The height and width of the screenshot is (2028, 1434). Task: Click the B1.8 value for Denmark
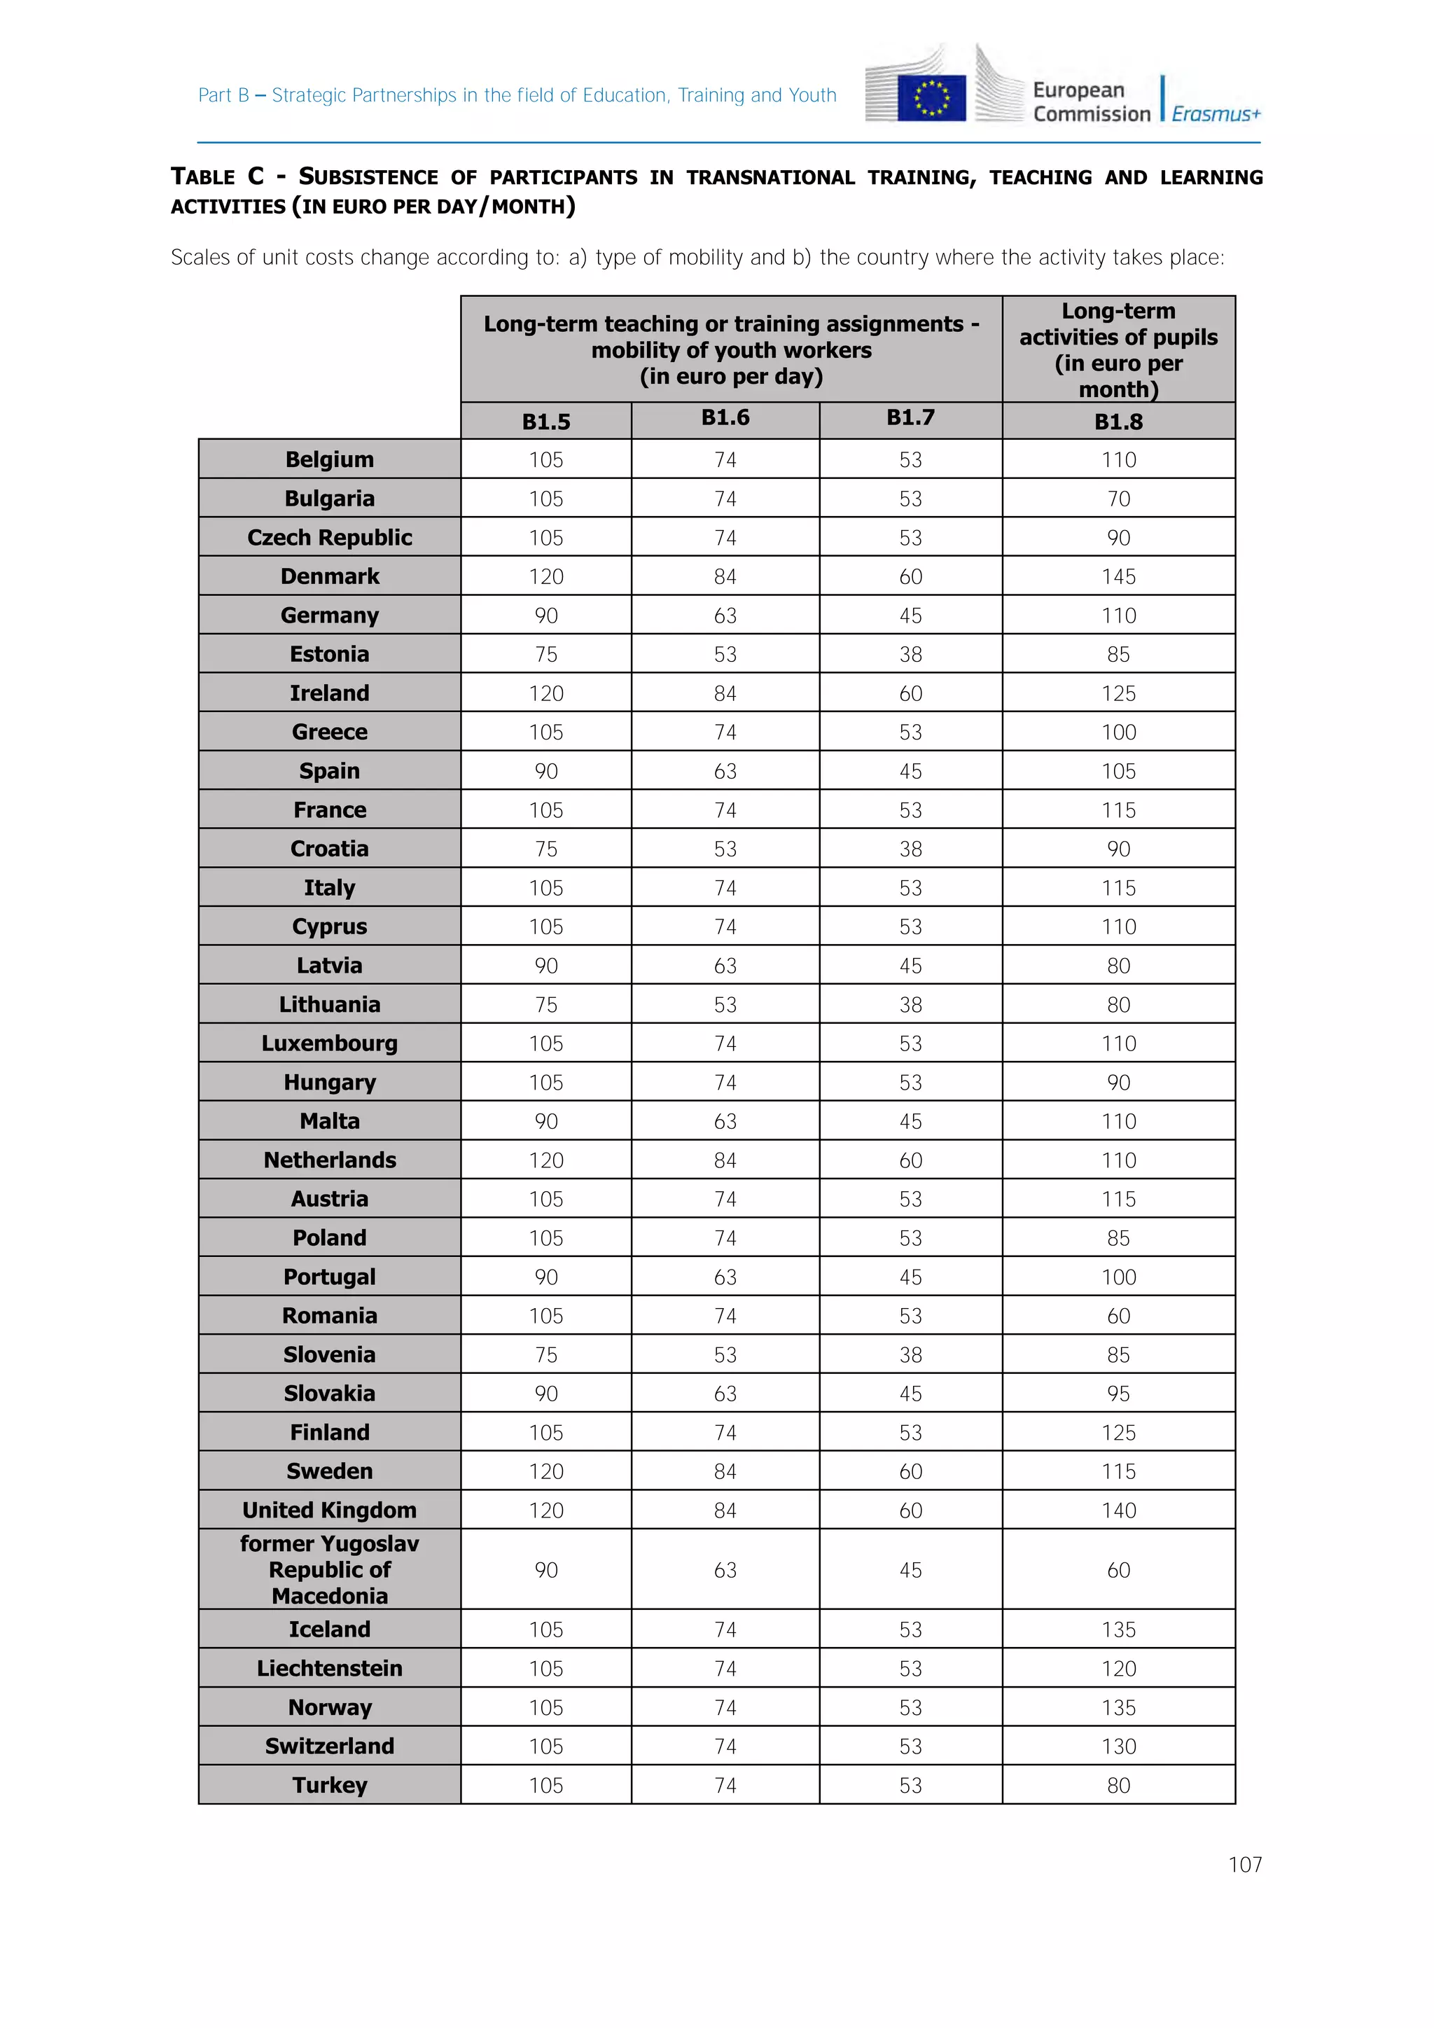1118,577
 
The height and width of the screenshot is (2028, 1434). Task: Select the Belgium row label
329,459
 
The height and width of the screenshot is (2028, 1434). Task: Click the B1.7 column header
910,418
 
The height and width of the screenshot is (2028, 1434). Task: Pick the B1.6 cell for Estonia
725,655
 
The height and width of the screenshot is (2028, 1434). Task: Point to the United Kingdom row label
329,1510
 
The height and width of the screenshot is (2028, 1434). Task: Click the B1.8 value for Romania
1118,1316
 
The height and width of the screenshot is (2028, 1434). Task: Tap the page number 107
1244,1865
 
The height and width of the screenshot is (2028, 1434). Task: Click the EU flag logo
931,97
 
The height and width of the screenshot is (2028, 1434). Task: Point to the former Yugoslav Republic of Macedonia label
329,1569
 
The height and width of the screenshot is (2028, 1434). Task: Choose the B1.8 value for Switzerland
1118,1746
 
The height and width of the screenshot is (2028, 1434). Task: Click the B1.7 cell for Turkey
910,1785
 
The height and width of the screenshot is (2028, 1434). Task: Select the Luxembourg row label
329,1043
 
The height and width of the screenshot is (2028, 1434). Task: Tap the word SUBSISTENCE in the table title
368,176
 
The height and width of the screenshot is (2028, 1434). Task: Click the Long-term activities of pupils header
1118,349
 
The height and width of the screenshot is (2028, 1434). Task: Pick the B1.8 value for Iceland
1118,1630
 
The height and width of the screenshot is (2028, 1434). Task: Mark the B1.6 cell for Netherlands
725,1160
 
